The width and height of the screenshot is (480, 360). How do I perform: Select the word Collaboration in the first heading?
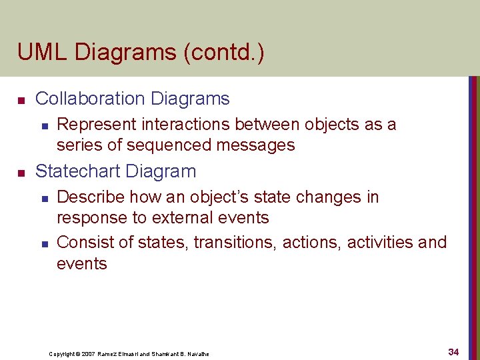91,99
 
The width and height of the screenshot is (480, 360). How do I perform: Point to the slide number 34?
453,351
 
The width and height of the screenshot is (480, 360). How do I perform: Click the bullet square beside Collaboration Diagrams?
21,100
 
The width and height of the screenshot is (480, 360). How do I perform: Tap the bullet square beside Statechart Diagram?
21,173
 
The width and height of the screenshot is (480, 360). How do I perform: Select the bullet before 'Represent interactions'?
45,125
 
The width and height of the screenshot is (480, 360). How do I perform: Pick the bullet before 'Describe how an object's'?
45,198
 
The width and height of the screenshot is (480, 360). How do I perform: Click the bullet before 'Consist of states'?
45,243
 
